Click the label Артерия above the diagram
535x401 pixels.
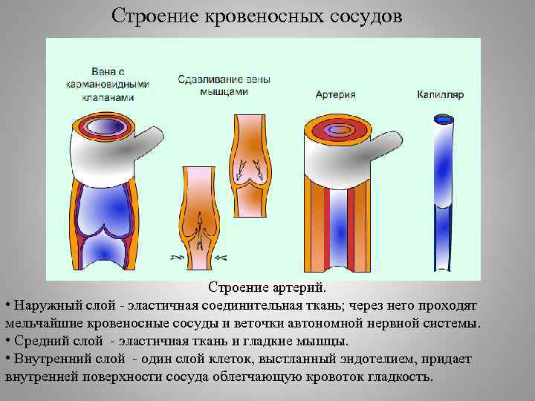pyautogui.click(x=335, y=95)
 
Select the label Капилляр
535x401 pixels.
pyautogui.click(x=441, y=95)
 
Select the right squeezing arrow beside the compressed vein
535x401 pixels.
pyautogui.click(x=221, y=257)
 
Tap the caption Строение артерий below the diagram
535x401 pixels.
pyautogui.click(x=267, y=287)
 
